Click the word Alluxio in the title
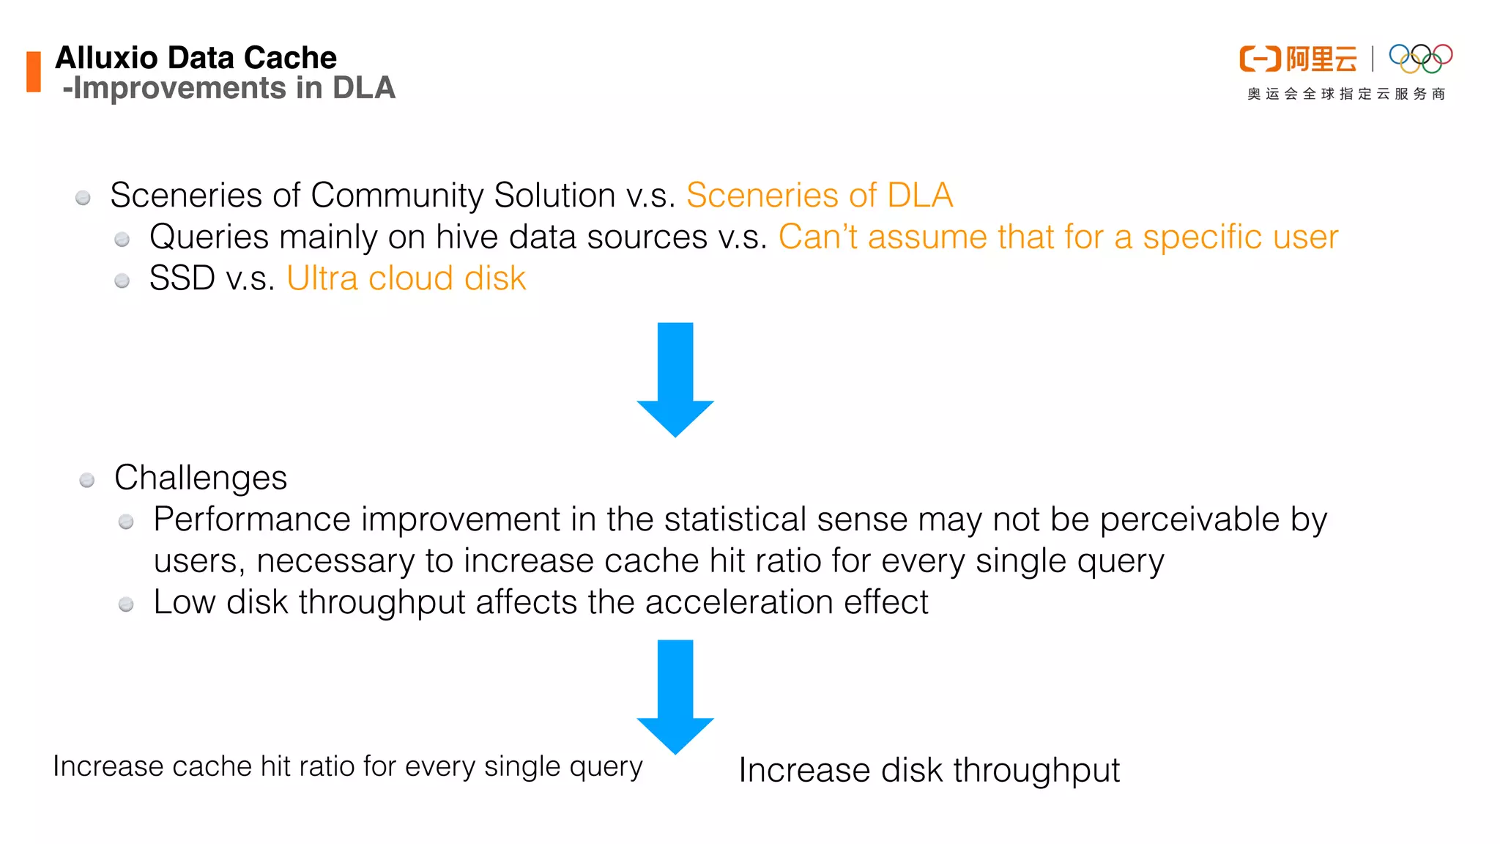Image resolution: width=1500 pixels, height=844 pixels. click(106, 58)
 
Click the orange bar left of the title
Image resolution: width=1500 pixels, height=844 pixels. click(34, 72)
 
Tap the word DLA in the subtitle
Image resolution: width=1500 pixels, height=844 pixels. click(364, 88)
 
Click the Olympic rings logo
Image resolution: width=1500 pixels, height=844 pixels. click(1420, 59)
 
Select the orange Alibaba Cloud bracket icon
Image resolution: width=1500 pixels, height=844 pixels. click(1260, 59)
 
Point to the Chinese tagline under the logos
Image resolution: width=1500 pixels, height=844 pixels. click(1346, 94)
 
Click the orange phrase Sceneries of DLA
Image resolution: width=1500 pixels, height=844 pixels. click(819, 196)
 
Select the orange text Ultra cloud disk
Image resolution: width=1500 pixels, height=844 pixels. click(406, 278)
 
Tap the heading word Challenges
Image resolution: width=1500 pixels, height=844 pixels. click(201, 478)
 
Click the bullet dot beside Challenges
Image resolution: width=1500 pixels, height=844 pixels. click(87, 481)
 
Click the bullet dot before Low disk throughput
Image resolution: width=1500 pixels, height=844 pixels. click(126, 604)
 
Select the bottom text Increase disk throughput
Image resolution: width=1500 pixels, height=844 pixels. click(929, 771)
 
